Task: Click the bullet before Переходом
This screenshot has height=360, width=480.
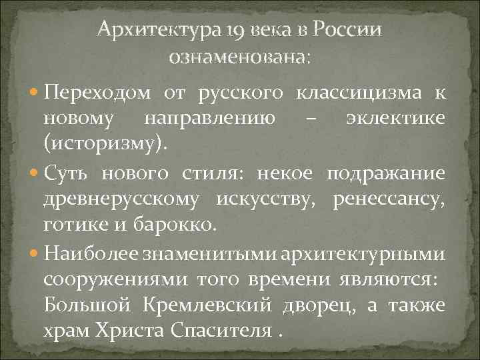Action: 34,92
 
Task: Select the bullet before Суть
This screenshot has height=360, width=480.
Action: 34,174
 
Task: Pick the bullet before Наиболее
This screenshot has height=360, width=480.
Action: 34,255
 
